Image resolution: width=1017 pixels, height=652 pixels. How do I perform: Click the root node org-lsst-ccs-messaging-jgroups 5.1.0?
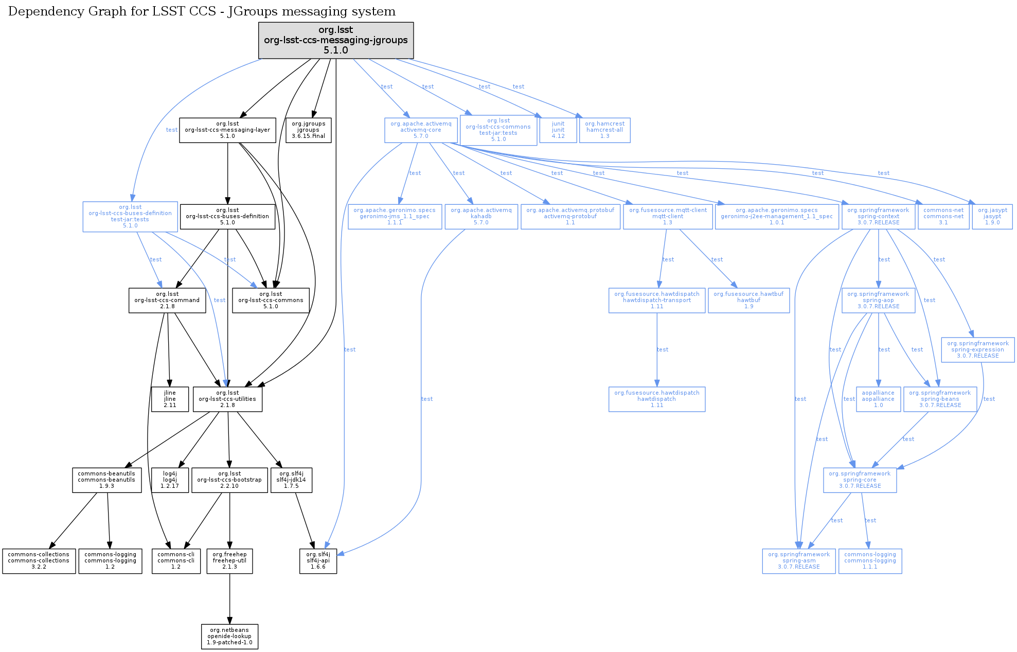click(x=335, y=40)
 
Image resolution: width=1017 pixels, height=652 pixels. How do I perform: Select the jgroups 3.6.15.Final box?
click(x=308, y=130)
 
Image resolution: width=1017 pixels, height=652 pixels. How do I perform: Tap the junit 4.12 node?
click(x=558, y=130)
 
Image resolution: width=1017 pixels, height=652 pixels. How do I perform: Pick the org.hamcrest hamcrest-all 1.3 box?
click(x=604, y=130)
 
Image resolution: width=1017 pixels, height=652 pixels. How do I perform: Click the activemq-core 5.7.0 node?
click(x=421, y=130)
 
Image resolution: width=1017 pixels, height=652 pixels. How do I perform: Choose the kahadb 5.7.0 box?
click(x=481, y=217)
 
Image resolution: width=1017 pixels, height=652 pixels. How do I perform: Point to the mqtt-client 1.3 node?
click(x=668, y=217)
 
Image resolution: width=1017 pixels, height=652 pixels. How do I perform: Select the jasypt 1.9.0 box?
click(x=992, y=217)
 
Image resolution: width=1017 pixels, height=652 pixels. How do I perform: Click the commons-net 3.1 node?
click(x=943, y=217)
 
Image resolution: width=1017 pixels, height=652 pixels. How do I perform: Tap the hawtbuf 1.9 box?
click(x=748, y=301)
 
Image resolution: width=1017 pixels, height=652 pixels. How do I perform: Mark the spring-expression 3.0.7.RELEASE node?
click(x=977, y=350)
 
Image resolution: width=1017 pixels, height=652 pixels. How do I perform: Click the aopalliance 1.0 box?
click(x=878, y=399)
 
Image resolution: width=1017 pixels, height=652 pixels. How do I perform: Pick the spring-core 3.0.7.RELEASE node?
click(x=860, y=480)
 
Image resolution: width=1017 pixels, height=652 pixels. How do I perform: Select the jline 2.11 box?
click(x=170, y=399)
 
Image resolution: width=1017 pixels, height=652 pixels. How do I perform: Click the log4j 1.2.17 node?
click(x=170, y=480)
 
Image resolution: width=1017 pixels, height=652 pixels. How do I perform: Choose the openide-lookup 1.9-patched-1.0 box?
click(x=229, y=637)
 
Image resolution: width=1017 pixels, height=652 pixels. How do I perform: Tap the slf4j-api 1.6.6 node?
click(x=318, y=561)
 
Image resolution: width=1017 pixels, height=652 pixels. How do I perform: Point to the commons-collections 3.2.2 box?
click(x=39, y=561)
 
